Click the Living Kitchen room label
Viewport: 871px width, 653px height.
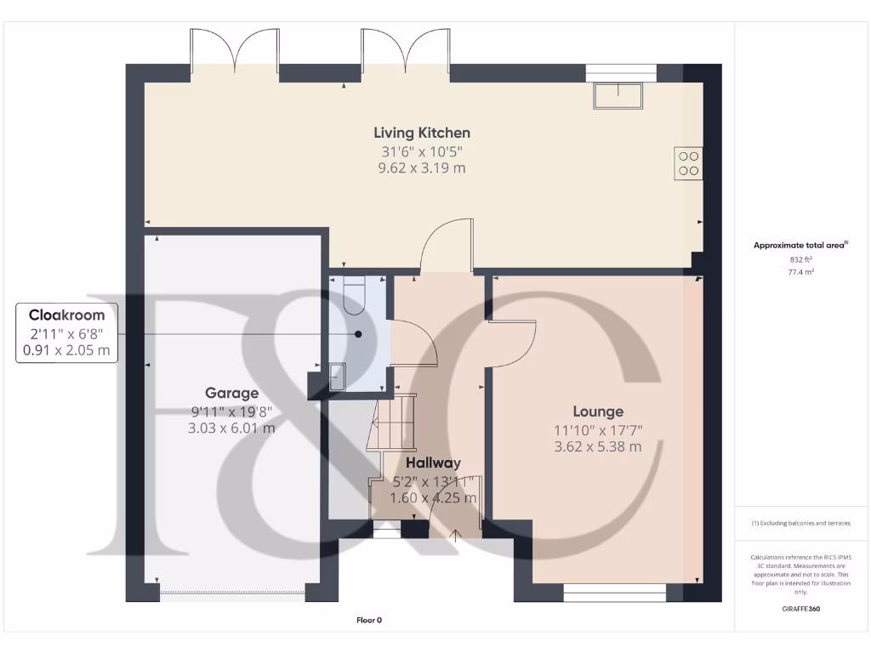[422, 133]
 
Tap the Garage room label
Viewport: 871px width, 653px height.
[231, 393]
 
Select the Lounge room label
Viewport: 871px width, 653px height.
[597, 411]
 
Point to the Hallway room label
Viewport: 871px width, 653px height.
[433, 463]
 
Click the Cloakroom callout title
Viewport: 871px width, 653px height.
[67, 315]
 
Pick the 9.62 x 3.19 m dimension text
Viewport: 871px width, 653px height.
[422, 168]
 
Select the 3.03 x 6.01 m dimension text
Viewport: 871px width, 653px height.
[231, 429]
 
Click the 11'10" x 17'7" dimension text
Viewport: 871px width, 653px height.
[597, 429]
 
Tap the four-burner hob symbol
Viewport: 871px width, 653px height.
[689, 163]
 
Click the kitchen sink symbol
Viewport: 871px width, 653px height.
[619, 95]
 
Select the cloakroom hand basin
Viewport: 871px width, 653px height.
[338, 375]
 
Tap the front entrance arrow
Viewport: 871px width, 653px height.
[456, 535]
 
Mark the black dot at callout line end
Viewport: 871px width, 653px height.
[359, 334]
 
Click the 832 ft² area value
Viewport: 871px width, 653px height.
[801, 259]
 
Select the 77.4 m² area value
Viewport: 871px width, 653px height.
[801, 272]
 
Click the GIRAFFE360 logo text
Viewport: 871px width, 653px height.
[801, 609]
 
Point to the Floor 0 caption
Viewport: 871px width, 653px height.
[369, 621]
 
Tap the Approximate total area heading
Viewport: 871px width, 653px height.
[800, 245]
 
